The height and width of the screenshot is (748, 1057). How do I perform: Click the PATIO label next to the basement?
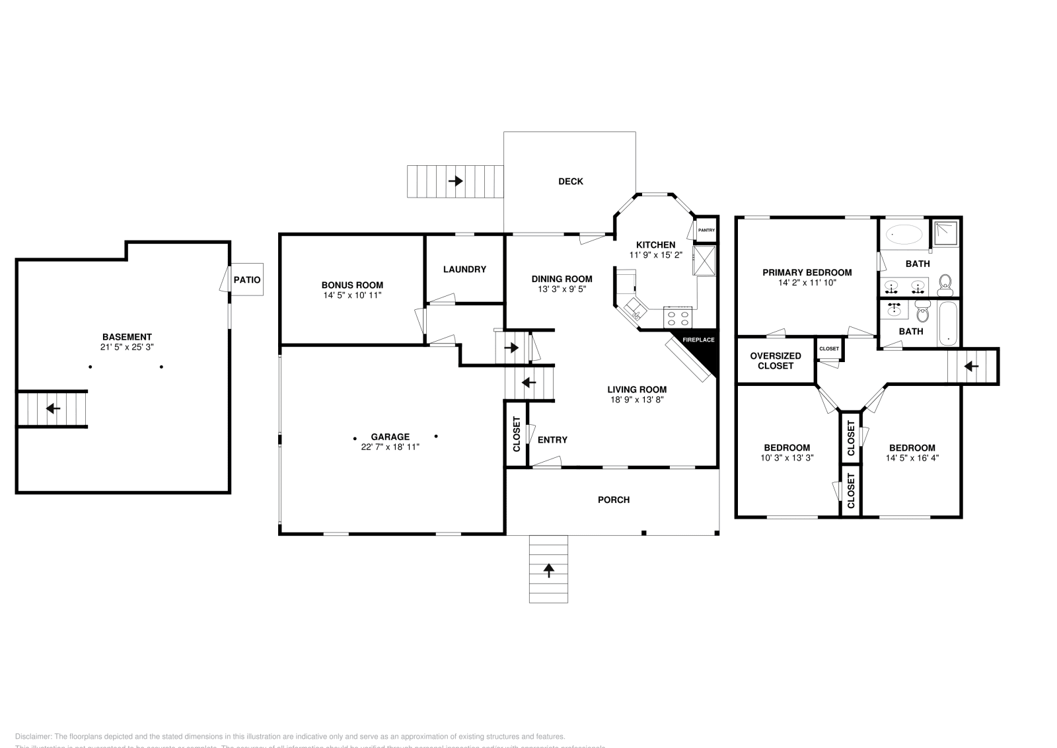[247, 280]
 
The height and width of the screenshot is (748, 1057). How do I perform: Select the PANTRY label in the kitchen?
[706, 230]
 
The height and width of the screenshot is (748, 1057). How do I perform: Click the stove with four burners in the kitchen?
[678, 318]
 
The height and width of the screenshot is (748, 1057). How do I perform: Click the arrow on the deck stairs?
[455, 181]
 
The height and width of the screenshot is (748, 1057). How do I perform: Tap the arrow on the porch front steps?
[548, 570]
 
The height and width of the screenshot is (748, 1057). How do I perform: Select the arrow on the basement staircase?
[53, 409]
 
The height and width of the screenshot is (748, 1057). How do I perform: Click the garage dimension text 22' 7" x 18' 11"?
[390, 447]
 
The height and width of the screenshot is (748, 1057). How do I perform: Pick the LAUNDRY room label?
[464, 270]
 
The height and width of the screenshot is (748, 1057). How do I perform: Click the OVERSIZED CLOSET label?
[776, 361]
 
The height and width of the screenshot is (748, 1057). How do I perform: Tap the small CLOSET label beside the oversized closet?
[829, 349]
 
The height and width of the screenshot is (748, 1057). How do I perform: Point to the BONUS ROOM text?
[352, 285]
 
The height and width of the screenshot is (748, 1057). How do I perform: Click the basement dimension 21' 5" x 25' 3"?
[127, 347]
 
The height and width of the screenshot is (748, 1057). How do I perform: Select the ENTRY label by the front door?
[552, 440]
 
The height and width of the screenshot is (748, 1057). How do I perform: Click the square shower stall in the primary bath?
[945, 231]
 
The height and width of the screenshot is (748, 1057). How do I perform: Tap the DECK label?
[571, 182]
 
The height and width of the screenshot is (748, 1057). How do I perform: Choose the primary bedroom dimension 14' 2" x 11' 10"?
[807, 282]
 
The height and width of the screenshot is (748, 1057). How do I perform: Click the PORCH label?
[614, 500]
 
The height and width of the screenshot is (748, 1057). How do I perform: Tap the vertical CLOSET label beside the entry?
[517, 435]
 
